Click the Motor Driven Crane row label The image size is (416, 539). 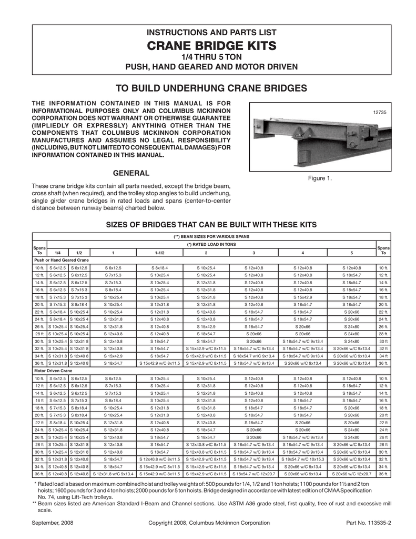(53, 371)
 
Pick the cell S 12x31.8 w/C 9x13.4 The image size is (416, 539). (113, 474)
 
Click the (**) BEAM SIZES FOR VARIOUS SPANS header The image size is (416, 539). (211, 237)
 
